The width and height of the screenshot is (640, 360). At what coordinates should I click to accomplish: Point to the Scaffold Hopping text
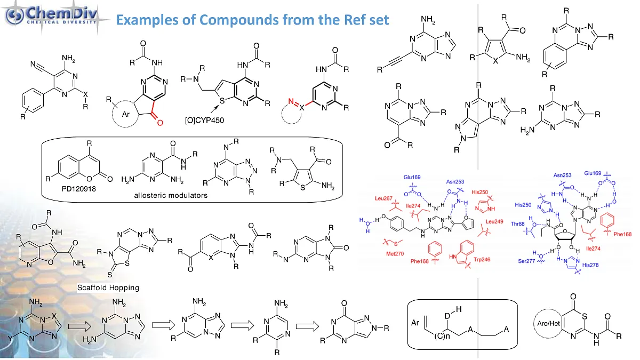coord(108,287)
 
